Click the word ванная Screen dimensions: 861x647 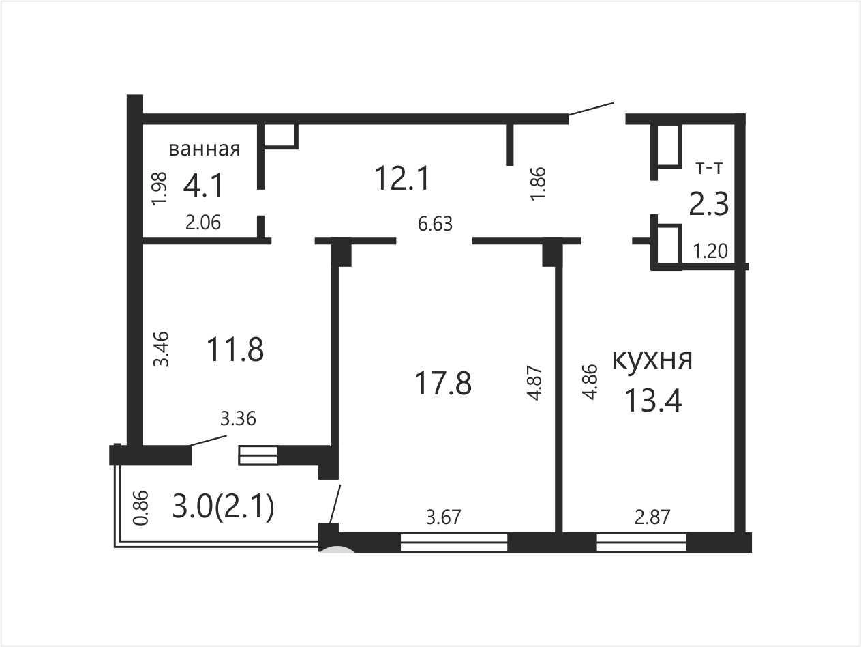(205, 149)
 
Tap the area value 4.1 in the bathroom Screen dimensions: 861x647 (203, 186)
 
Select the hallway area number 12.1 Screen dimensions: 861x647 (402, 178)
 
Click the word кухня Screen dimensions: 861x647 (652, 359)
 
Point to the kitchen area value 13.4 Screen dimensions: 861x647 (652, 401)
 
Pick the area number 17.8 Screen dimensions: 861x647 (443, 383)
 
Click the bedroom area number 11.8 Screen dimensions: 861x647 (235, 349)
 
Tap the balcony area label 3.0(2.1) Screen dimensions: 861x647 (223, 507)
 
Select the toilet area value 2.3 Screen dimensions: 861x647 (709, 204)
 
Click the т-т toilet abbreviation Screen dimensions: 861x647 (709, 169)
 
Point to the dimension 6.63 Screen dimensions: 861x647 (435, 224)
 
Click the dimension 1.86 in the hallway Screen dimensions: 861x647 (538, 184)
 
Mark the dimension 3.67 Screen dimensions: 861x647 (443, 517)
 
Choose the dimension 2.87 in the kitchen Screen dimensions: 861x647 (652, 517)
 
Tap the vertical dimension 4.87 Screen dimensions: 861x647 (535, 383)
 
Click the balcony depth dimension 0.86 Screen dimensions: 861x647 (141, 508)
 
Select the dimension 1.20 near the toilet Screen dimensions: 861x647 (710, 251)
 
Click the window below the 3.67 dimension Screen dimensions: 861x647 (454, 543)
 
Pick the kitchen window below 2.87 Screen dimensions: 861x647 (641, 543)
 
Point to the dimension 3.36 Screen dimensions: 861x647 (238, 418)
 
